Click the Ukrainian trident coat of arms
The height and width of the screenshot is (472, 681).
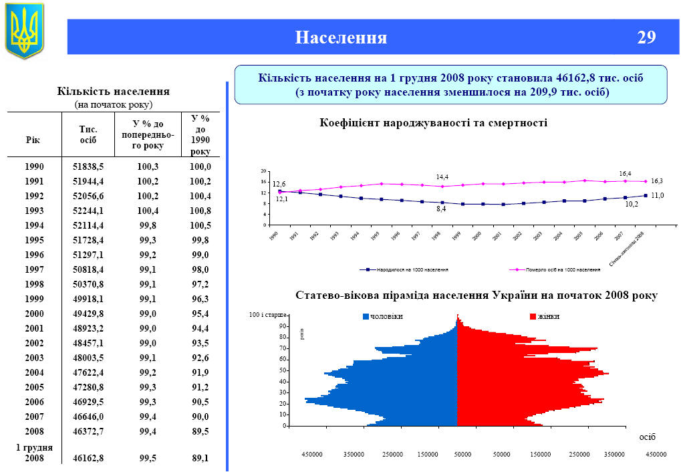coord(24,30)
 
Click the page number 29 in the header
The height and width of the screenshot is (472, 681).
coord(646,37)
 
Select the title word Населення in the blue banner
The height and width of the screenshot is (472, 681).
coord(341,37)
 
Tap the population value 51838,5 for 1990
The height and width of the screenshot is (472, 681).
coord(88,166)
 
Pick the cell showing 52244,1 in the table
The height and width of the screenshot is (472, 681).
coord(88,211)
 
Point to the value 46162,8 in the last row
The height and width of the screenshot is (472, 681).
coord(88,459)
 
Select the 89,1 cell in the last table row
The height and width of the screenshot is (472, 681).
coord(199,459)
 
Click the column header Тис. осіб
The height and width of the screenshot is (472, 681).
coord(88,134)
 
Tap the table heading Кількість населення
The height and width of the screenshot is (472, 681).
coord(113,91)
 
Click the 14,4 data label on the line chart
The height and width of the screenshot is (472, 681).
coord(442,177)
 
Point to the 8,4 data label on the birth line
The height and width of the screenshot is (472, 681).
coord(441,209)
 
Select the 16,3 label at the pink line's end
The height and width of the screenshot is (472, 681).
coord(656,181)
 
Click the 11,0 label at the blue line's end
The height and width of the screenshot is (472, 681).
coord(657,195)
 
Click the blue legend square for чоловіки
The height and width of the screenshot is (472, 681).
coord(366,316)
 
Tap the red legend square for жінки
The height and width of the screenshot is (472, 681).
coord(533,316)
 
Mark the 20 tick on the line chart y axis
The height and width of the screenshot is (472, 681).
coord(263,171)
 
